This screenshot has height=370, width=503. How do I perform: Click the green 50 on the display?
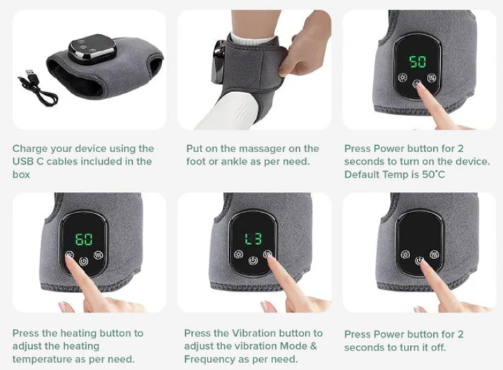click(x=418, y=61)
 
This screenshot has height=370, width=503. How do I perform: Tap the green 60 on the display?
click(x=84, y=239)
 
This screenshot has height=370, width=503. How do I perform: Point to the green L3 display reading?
click(x=254, y=239)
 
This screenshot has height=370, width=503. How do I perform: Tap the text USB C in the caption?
click(x=27, y=161)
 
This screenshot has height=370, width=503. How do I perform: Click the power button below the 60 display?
click(x=84, y=262)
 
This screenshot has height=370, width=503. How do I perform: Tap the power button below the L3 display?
click(x=253, y=260)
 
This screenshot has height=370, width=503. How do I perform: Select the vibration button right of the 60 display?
click(x=99, y=256)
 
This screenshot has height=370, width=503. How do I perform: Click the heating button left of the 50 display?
click(x=402, y=77)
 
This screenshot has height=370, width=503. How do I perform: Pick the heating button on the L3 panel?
click(x=239, y=254)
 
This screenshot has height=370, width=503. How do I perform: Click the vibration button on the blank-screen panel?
click(x=435, y=256)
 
